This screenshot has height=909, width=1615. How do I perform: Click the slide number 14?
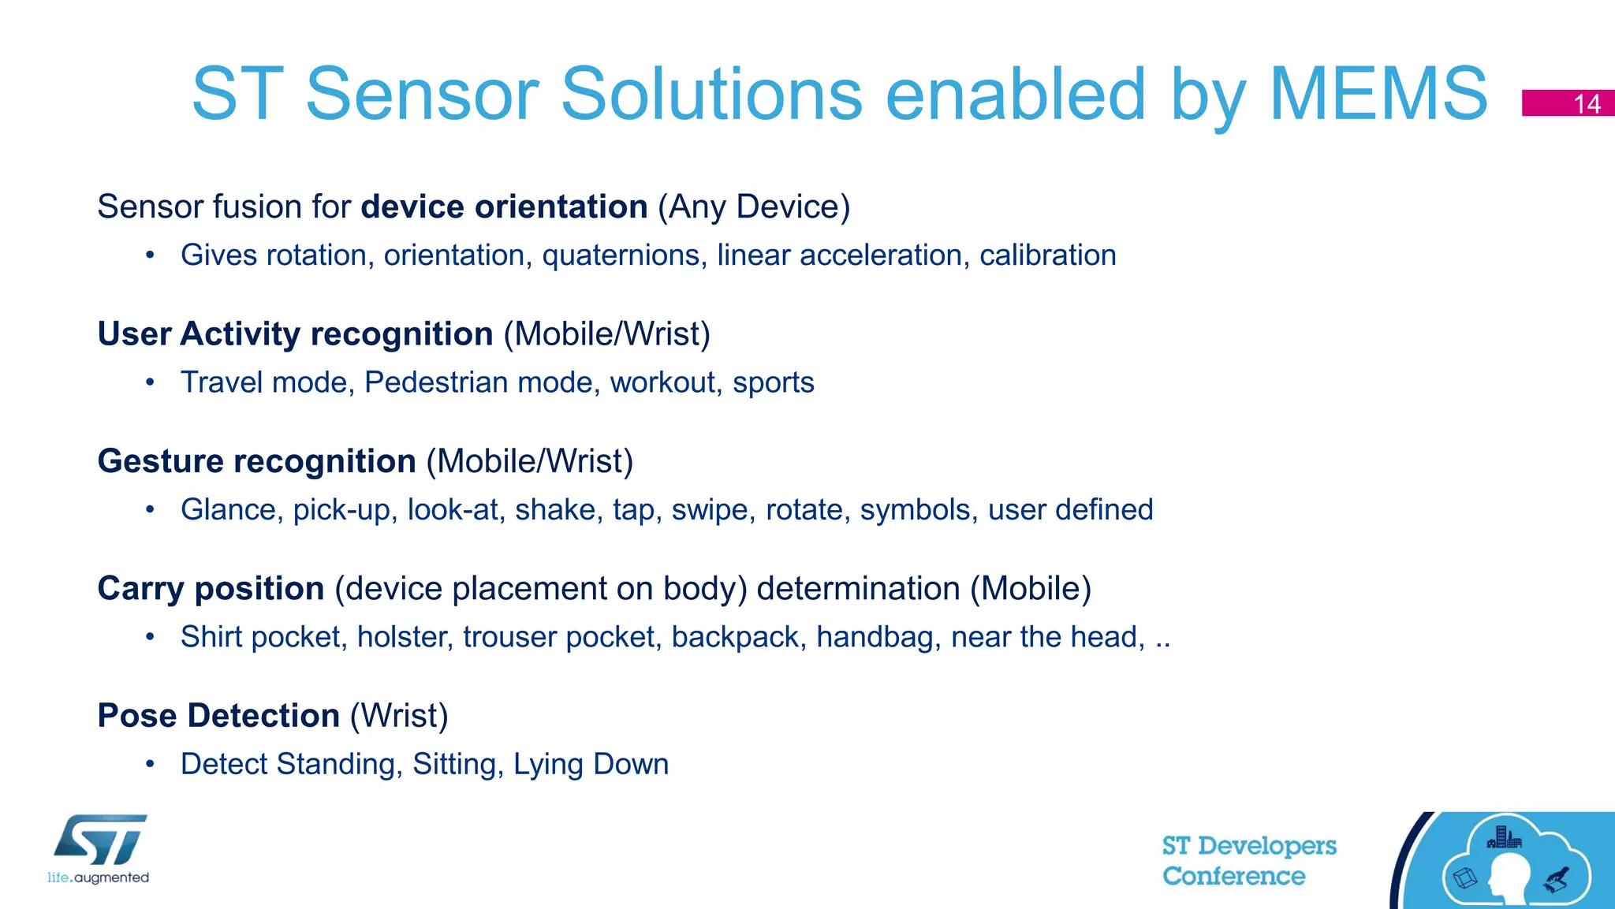tap(1586, 104)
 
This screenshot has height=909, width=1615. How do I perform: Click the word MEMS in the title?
tap(1378, 94)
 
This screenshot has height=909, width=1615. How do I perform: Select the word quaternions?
tap(624, 255)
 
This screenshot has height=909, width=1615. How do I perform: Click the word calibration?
tap(1047, 255)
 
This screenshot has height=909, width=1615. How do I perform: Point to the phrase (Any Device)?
tap(754, 207)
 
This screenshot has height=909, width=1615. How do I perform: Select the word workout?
tap(666, 383)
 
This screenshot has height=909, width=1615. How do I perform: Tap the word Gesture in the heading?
tap(161, 462)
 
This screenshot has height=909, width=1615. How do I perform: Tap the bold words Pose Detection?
tap(218, 716)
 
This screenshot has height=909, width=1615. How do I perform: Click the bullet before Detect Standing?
tap(150, 764)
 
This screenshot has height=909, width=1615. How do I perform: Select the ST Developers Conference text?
tap(1248, 861)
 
